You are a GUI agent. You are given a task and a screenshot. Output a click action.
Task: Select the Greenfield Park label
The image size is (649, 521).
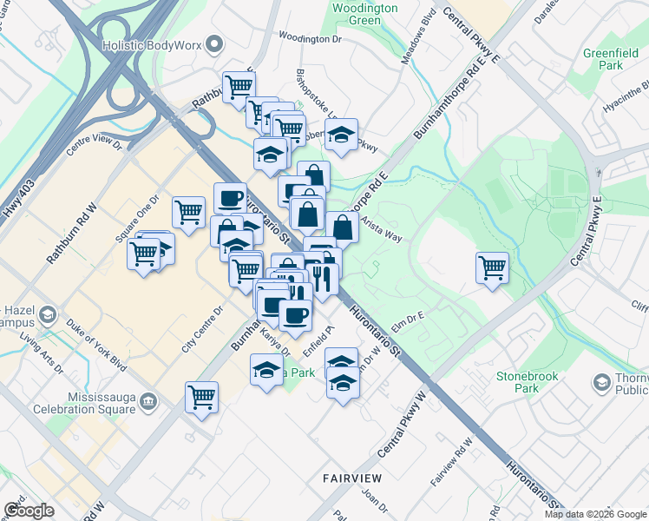[604, 59]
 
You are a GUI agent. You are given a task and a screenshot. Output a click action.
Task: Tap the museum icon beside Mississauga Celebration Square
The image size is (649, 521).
[148, 402]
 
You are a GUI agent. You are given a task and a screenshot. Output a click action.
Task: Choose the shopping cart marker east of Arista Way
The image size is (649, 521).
[492, 266]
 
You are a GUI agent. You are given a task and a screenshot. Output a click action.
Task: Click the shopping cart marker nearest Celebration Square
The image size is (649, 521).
[201, 397]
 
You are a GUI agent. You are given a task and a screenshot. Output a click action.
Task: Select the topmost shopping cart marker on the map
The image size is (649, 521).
[238, 85]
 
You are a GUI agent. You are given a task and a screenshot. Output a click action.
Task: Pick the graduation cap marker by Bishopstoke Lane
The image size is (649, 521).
[342, 134]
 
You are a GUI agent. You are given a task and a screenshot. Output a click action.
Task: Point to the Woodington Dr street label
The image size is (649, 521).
[311, 39]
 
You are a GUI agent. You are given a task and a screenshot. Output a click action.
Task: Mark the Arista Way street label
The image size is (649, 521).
[383, 228]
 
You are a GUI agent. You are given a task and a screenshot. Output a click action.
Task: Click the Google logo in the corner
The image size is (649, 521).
[29, 511]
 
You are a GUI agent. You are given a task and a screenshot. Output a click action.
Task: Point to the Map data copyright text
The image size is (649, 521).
[595, 514]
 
